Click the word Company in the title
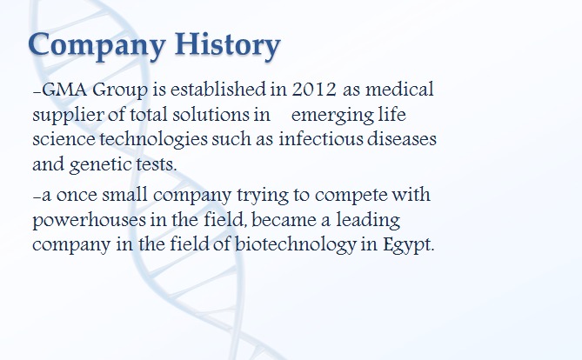(97, 46)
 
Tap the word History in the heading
(228, 46)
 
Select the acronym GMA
(64, 90)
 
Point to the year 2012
(314, 90)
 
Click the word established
(217, 90)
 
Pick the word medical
(399, 90)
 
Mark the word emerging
(332, 116)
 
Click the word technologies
(153, 140)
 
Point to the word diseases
(402, 139)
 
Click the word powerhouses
(89, 221)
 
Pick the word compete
(351, 196)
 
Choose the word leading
(368, 221)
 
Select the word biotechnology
(296, 245)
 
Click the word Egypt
(407, 245)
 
